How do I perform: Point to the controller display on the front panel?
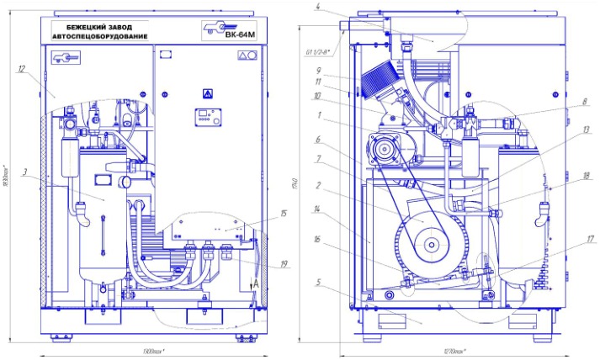(207, 117)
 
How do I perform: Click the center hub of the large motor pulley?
(431, 245)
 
